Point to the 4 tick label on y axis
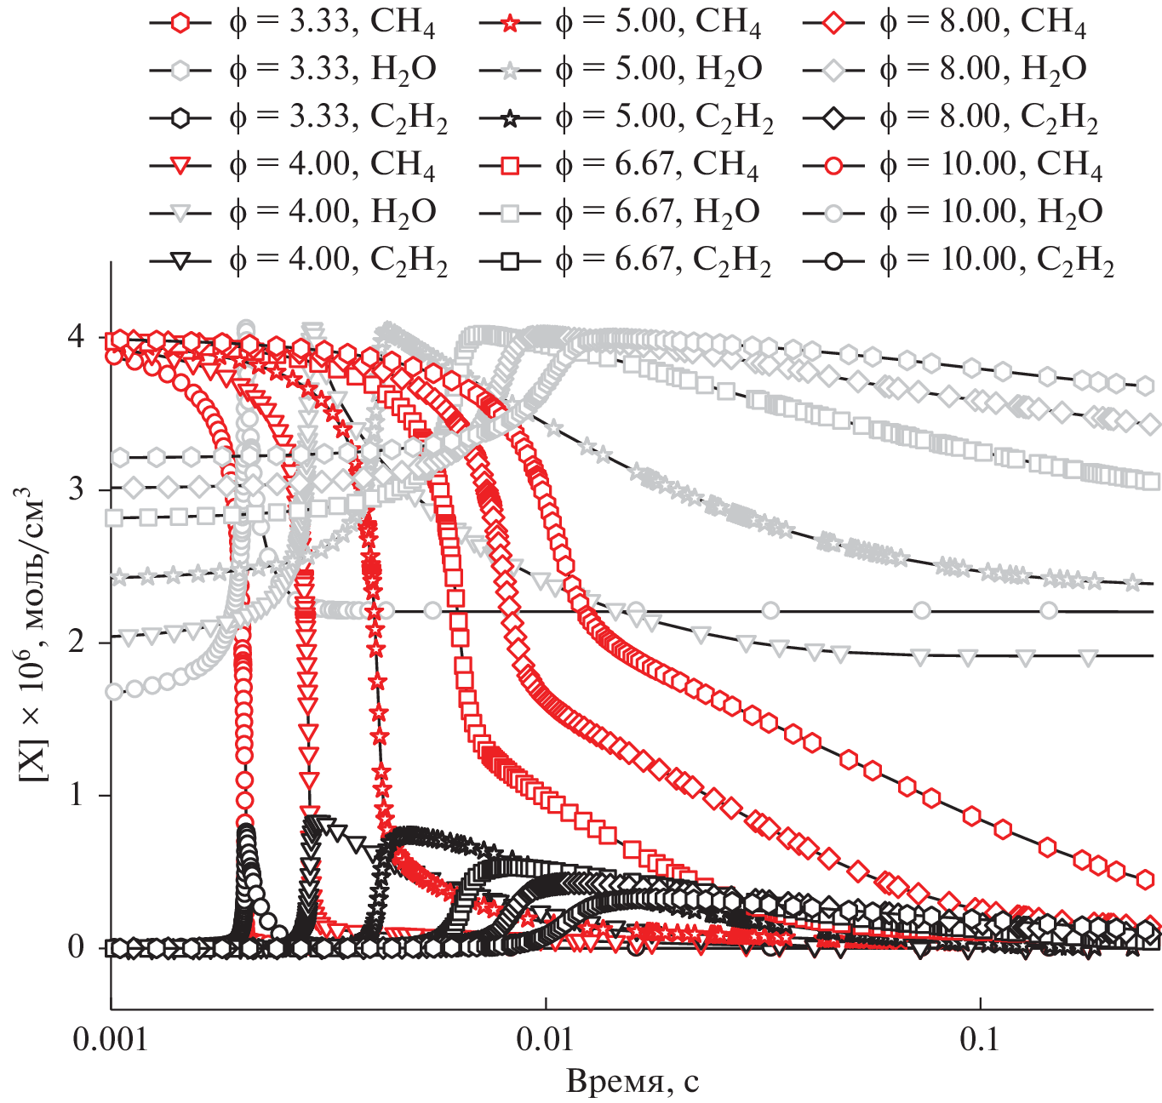tap(77, 338)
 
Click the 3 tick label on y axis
tap(77, 490)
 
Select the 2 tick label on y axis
tap(77, 643)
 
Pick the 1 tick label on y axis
tap(77, 795)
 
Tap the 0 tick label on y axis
tap(77, 947)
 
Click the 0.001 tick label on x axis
tap(111, 1040)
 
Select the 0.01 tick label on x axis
tap(545, 1040)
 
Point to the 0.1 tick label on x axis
tap(981, 1040)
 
